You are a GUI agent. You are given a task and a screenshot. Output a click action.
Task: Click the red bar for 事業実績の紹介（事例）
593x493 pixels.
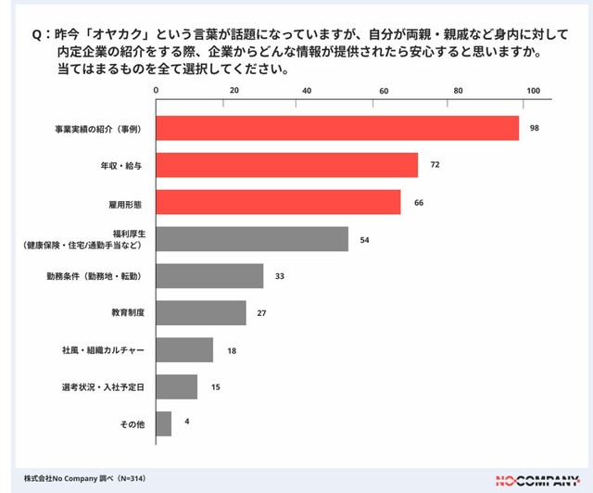[337, 128]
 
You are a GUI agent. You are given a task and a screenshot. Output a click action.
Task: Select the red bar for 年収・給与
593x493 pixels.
[287, 165]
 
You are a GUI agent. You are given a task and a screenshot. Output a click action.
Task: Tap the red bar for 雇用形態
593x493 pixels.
[278, 202]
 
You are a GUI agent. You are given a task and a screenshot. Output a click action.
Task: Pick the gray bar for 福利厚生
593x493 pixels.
[252, 239]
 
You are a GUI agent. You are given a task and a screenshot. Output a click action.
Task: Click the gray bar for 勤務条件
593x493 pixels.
[209, 276]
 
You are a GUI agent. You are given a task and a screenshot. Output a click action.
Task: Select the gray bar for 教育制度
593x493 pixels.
[201, 313]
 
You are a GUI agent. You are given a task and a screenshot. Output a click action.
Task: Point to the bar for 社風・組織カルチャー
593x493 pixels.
[184, 350]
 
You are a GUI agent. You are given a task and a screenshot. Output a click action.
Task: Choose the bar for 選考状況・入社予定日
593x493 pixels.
[176, 386]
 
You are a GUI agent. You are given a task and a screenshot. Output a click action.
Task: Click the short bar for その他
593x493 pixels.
[164, 423]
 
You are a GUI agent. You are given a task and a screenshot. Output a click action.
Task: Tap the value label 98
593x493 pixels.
[535, 128]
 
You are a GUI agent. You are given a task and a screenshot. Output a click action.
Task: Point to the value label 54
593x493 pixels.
[365, 239]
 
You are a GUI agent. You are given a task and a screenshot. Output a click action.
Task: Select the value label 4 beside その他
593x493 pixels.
[187, 423]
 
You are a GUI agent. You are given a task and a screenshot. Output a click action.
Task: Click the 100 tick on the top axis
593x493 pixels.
[533, 90]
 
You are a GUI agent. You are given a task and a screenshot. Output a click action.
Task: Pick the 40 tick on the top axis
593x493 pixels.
[307, 90]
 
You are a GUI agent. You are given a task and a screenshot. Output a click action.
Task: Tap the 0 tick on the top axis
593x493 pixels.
[157, 90]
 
